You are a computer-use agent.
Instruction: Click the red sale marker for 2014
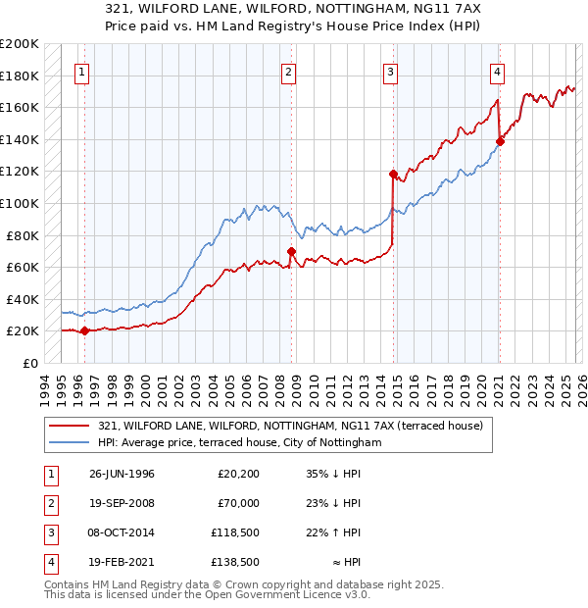coord(393,175)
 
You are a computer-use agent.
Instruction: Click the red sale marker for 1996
coord(84,330)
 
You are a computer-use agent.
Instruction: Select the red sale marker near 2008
coord(292,251)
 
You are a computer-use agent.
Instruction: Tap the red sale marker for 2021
coord(500,141)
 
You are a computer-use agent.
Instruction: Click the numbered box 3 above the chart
coord(391,71)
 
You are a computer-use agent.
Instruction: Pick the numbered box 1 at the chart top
coord(82,71)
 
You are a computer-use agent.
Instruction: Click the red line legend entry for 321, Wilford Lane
coord(290,427)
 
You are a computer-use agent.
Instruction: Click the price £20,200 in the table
coord(238,474)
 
